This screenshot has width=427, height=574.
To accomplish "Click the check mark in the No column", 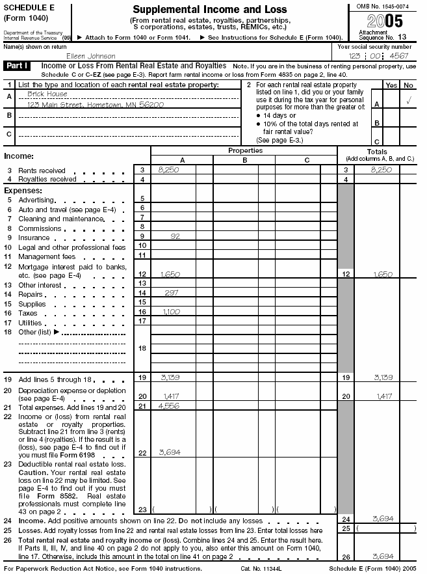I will pyautogui.click(x=408, y=101).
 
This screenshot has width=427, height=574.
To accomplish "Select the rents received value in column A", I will pyautogui.click(x=168, y=169).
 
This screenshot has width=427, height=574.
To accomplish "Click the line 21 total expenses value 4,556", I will pyautogui.click(x=169, y=405).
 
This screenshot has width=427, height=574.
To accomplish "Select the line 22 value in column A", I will pyautogui.click(x=169, y=452).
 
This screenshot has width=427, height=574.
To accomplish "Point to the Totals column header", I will pyautogui.click(x=376, y=151).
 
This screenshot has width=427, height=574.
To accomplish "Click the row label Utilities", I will pyautogui.click(x=30, y=322).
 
